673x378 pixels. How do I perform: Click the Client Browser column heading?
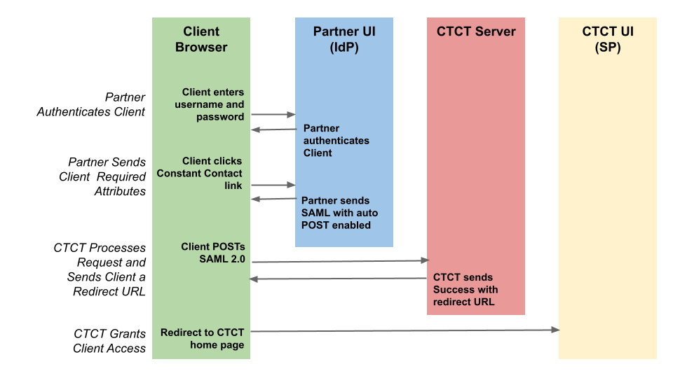tap(201, 39)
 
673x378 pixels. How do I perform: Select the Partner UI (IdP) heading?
tap(344, 39)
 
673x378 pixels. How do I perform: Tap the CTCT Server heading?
tap(475, 31)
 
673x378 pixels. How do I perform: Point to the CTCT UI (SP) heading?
tap(607, 39)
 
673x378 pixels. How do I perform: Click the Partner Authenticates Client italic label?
tap(91, 104)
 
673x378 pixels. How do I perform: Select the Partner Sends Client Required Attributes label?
tap(102, 176)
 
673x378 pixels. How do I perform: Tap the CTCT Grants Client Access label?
tap(109, 340)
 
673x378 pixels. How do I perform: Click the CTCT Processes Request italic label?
tap(100, 269)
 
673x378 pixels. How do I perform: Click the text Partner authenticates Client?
tap(336, 141)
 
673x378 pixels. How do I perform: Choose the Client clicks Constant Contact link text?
tap(200, 173)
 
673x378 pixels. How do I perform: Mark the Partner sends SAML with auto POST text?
tap(339, 213)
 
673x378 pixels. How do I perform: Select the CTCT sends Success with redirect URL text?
tap(465, 289)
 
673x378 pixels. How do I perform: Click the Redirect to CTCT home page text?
tap(203, 338)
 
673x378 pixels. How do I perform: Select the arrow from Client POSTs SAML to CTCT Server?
tap(340, 261)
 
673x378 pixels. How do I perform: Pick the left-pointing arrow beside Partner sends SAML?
tap(273, 199)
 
